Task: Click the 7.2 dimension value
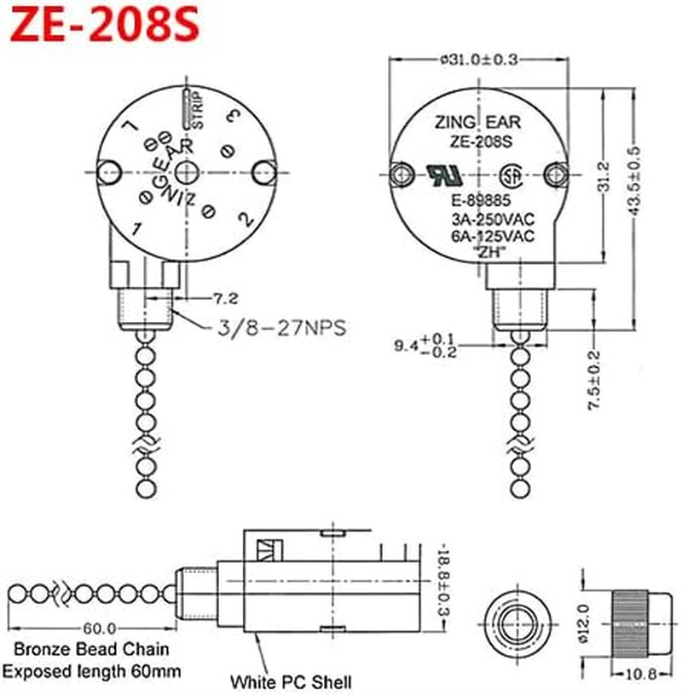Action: tap(225, 299)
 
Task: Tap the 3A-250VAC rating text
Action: tap(493, 221)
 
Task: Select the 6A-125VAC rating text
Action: tap(493, 236)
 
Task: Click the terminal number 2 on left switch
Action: tap(248, 219)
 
